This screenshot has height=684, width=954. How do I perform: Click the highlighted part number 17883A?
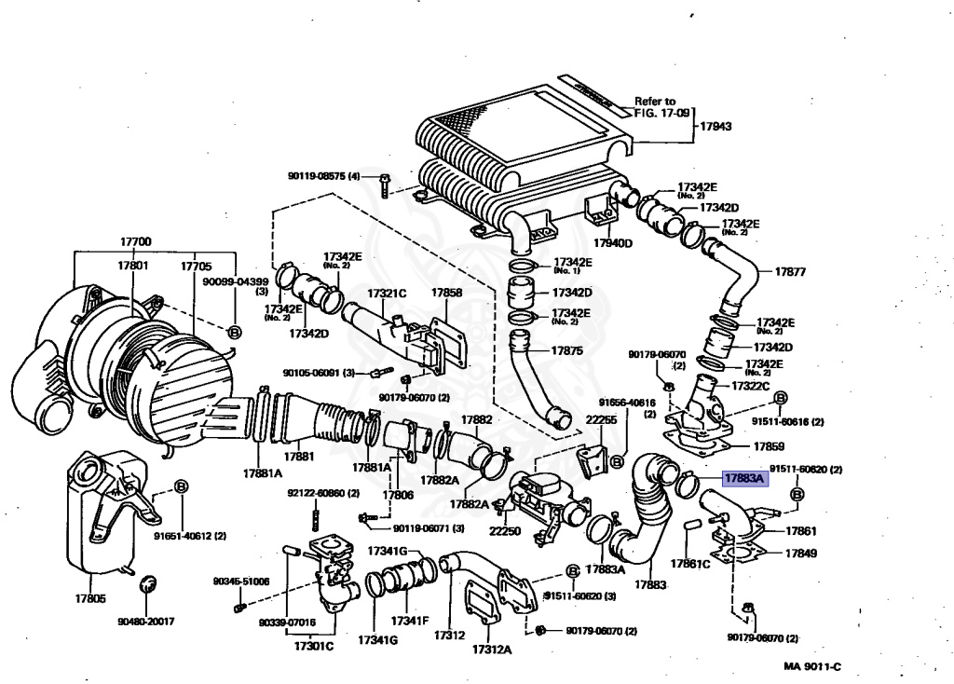[743, 480]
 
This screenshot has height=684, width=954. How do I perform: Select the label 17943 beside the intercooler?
[715, 126]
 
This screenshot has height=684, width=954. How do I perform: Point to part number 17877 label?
[790, 272]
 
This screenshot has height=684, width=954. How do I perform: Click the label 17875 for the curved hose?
[566, 351]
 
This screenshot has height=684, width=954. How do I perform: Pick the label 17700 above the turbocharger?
[135, 241]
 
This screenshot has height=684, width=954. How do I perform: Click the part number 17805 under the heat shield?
[90, 599]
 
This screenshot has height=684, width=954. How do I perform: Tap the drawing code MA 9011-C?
[812, 666]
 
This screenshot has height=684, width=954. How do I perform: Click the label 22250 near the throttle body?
[505, 530]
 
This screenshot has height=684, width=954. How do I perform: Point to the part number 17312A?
[491, 649]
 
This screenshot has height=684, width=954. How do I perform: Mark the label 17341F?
[409, 621]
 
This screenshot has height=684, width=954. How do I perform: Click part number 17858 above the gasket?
[446, 293]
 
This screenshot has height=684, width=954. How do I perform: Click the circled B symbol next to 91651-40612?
[182, 486]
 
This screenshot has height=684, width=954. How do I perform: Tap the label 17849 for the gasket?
[800, 553]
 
